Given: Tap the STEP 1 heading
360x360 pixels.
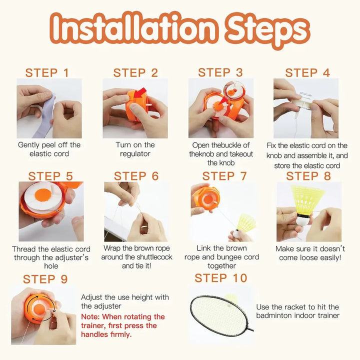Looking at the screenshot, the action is coord(47,73).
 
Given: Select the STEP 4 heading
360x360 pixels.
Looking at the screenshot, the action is coord(307,73).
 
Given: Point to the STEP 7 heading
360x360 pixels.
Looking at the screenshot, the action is coord(224,176).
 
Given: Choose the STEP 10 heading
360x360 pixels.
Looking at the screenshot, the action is coord(221,278).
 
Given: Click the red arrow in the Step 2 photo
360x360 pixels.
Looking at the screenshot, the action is coord(140,92).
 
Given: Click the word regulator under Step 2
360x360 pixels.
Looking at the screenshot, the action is coord(135,153).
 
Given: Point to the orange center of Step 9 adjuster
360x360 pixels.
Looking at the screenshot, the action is coord(39,309).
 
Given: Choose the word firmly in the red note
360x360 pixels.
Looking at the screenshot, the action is coord(121,334).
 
